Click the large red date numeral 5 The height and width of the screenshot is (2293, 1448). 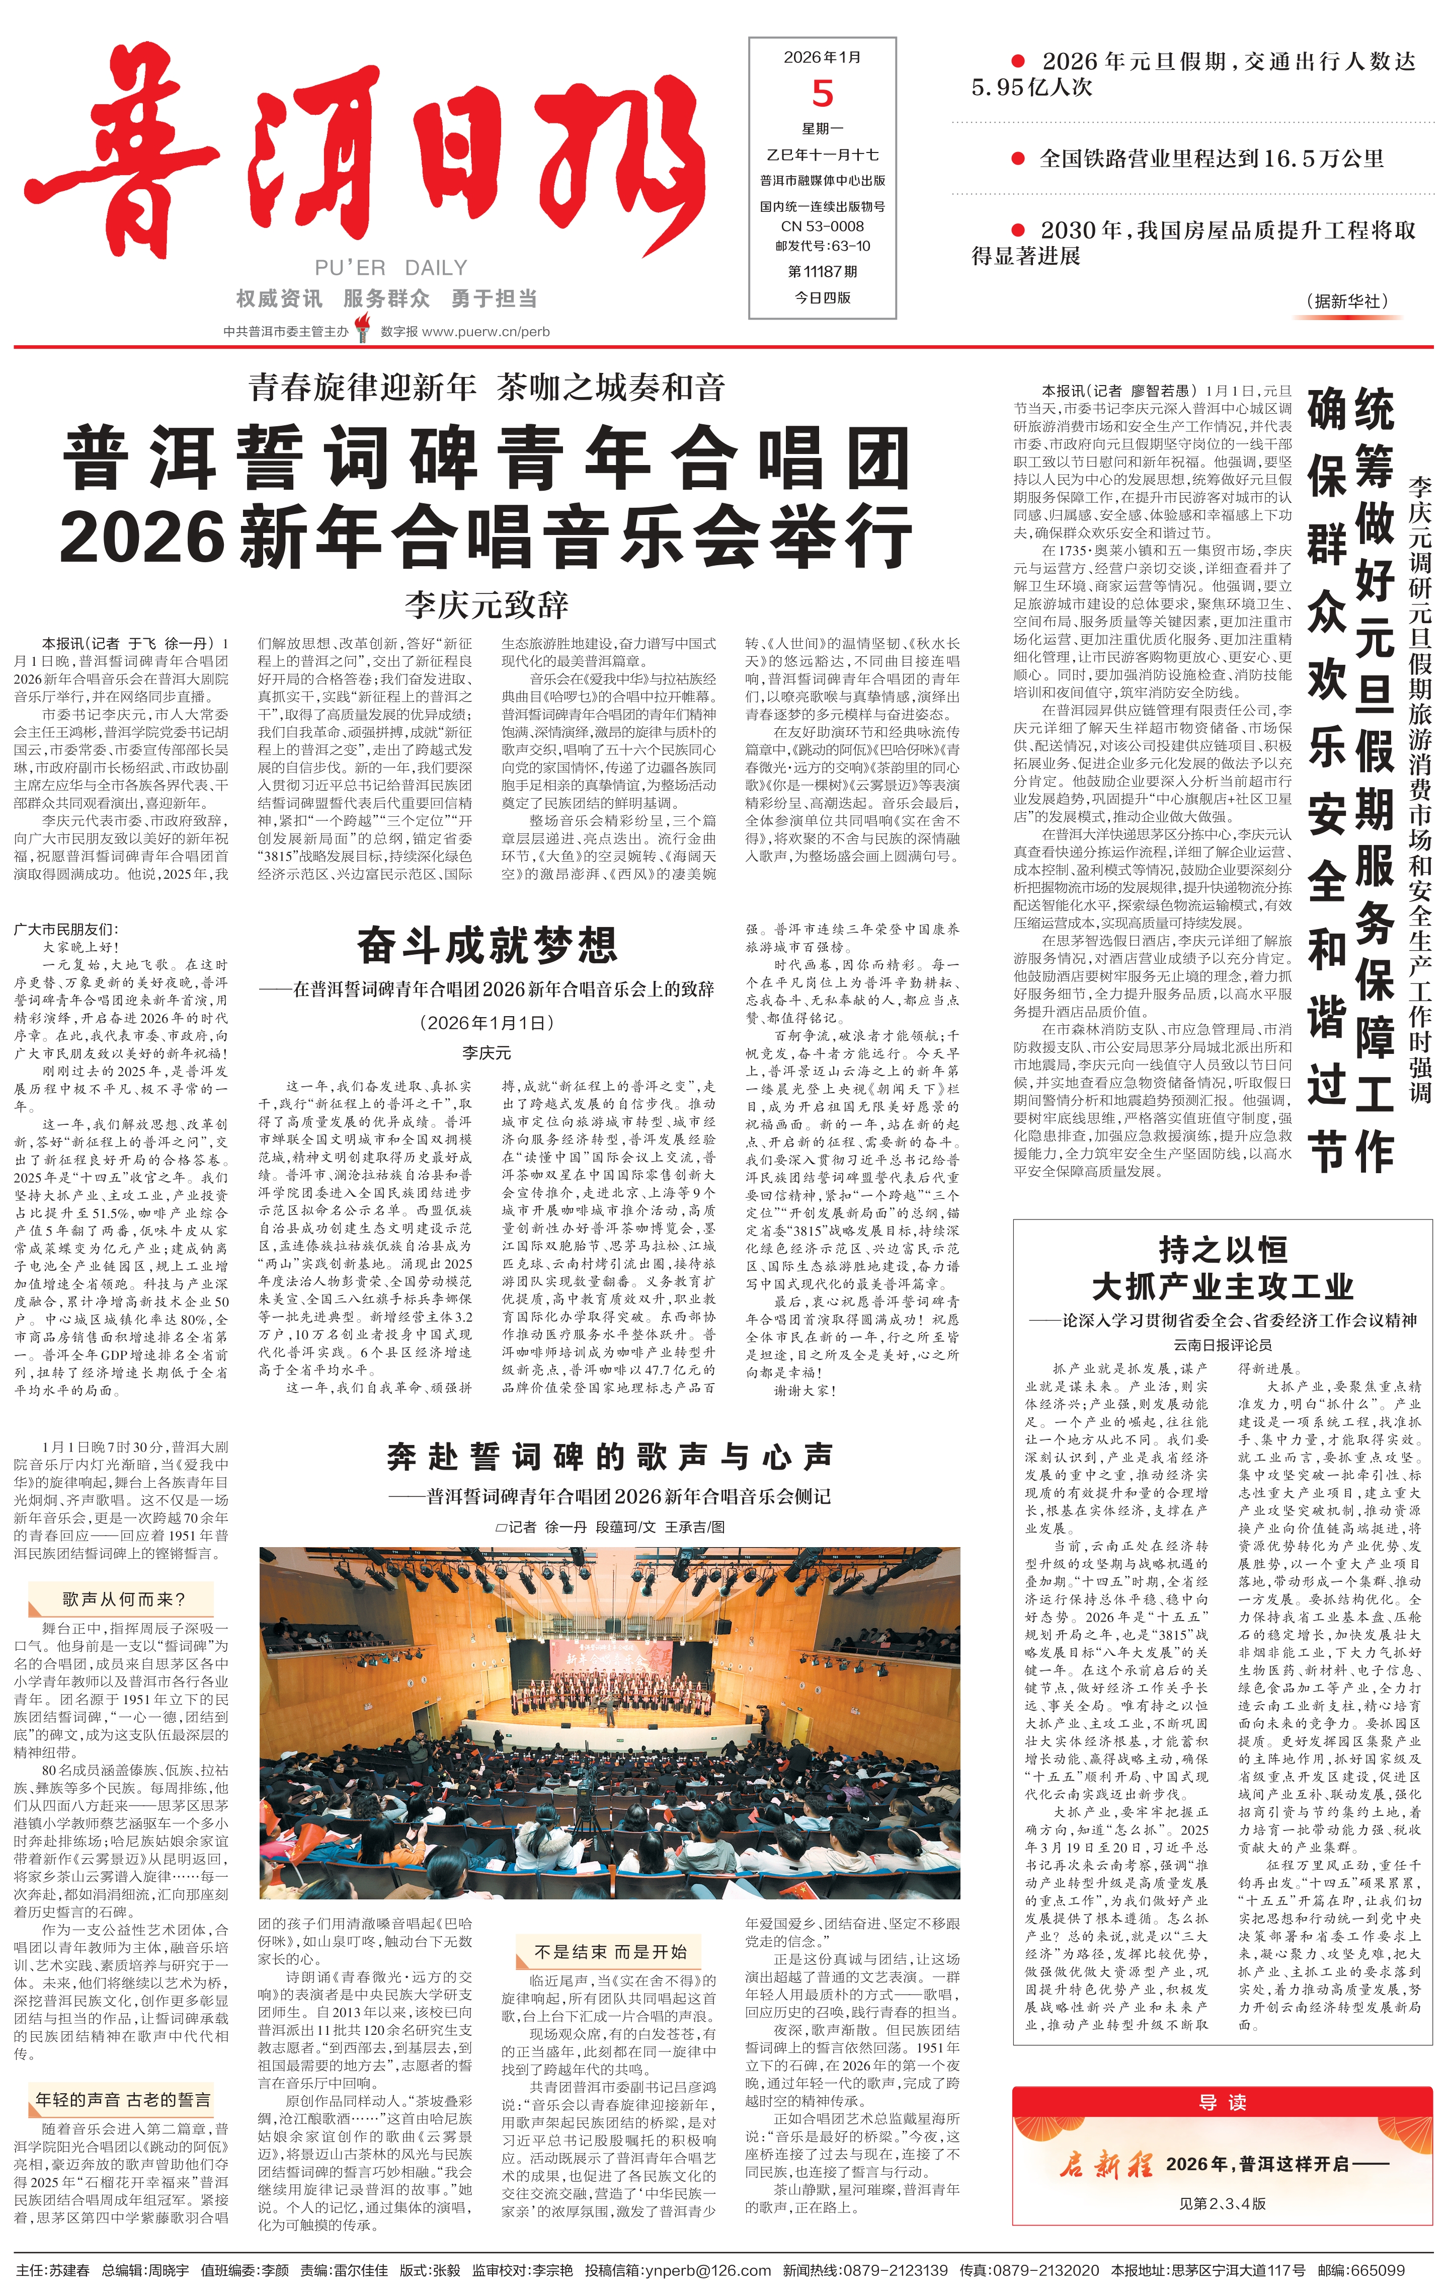click(x=823, y=93)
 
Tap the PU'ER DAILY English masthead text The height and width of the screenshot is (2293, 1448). click(x=391, y=268)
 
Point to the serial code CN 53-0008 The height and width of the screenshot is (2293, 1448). click(x=823, y=225)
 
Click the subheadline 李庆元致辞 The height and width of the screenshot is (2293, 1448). click(x=487, y=604)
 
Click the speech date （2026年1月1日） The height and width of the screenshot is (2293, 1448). click(x=487, y=1023)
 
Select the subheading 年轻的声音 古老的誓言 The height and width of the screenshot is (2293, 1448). click(x=123, y=2100)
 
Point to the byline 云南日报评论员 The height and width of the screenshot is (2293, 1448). click(x=1223, y=1345)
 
